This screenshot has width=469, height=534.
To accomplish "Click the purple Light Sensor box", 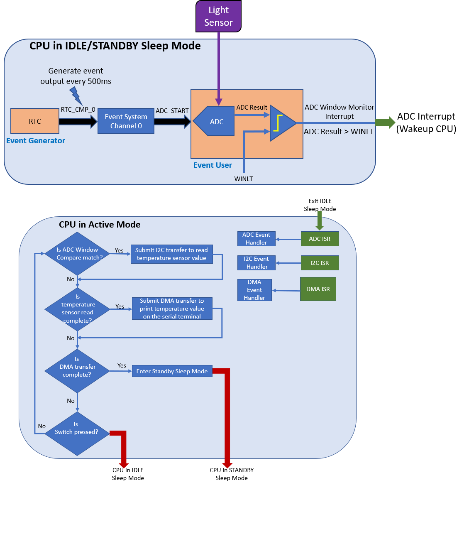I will (x=218, y=16).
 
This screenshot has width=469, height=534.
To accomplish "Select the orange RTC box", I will (x=35, y=121).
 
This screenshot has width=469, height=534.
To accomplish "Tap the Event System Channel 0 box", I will (x=126, y=121).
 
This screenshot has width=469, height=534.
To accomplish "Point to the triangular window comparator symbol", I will (x=281, y=123).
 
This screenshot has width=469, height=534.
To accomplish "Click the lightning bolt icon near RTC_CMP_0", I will (x=76, y=96).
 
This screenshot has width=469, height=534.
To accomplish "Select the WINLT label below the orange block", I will (x=244, y=179).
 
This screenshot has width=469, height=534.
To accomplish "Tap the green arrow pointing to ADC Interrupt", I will (x=385, y=122).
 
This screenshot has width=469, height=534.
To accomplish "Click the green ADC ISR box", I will (x=320, y=239).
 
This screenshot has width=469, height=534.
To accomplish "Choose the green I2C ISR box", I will (x=320, y=263).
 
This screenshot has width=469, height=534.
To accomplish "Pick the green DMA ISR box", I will (x=318, y=289).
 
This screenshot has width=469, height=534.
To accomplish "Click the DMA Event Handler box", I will (x=254, y=290).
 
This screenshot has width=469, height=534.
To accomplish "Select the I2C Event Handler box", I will (x=256, y=263).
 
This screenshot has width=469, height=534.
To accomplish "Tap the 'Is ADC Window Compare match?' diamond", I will (x=77, y=254).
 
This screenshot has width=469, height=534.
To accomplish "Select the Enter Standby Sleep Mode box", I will (x=172, y=371).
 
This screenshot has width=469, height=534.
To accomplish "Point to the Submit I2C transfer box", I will (x=171, y=254).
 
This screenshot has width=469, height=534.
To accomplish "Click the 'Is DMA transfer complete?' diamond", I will (x=77, y=371).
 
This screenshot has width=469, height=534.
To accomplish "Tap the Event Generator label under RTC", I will (x=36, y=141).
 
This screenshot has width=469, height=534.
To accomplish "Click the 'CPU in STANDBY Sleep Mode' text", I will (x=232, y=474).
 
